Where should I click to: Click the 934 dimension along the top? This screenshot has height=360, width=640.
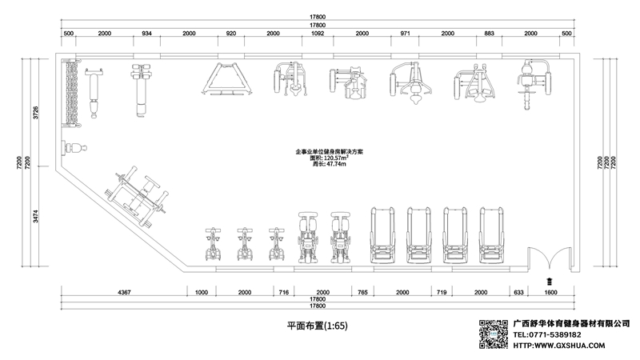coord(146,34)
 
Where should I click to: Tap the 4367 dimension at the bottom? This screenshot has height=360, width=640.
coord(124,292)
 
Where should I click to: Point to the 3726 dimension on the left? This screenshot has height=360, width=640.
coord(35,112)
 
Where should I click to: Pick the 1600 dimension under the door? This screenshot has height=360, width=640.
coord(550,292)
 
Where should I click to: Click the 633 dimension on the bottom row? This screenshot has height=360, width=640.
coord(518,292)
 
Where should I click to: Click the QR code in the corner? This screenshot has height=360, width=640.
coord(494,334)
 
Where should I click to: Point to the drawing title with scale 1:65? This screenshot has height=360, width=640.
coord(318,326)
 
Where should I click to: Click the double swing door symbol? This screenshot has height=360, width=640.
coord(550,258)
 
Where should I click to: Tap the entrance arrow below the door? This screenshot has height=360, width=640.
coord(550,281)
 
